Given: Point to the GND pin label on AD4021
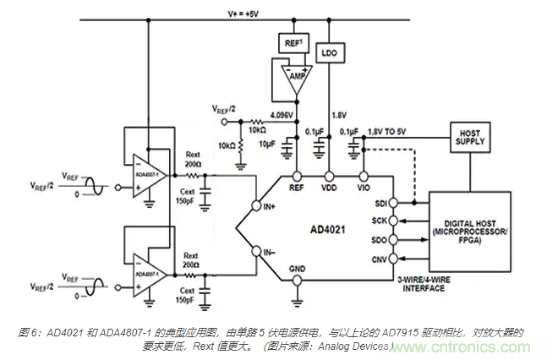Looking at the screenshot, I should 298,270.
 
